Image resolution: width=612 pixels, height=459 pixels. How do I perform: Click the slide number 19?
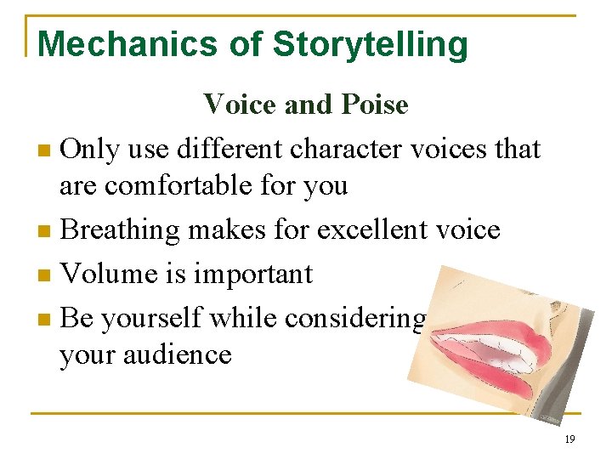tap(569, 439)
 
